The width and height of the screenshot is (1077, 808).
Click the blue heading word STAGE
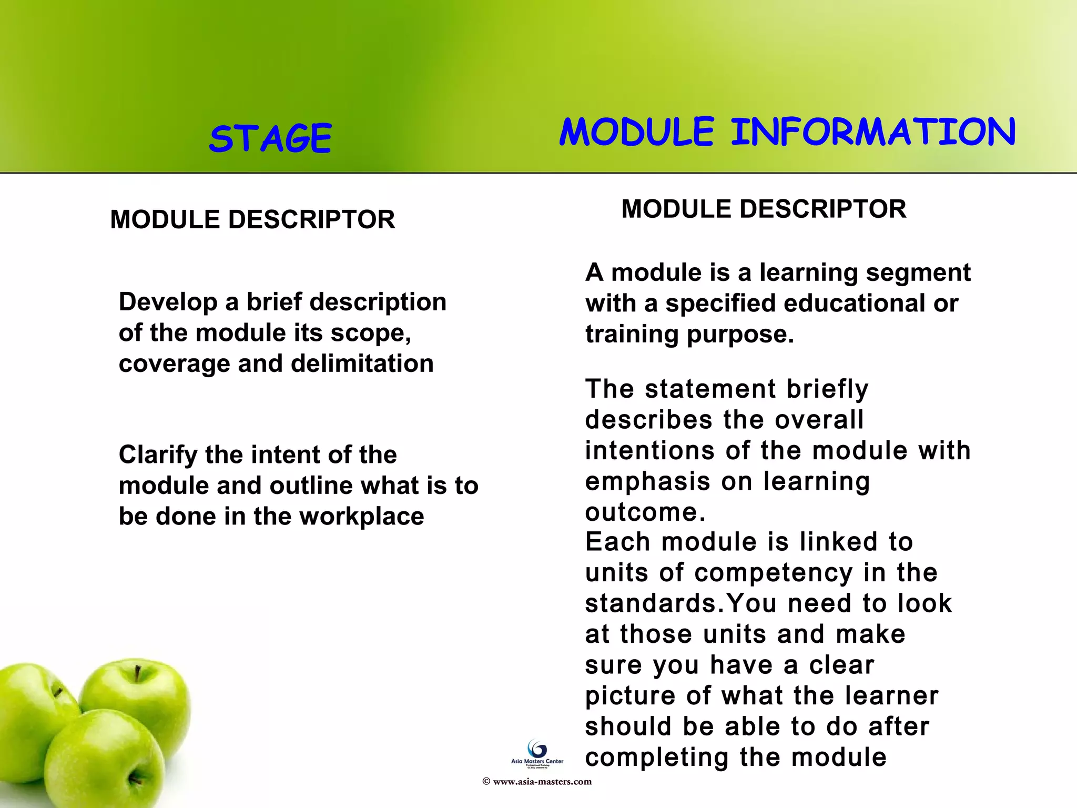point(270,138)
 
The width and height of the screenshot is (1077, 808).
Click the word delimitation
point(362,363)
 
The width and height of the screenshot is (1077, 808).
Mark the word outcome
point(645,512)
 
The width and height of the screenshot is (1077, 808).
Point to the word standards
point(651,603)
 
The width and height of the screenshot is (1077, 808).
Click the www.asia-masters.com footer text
point(542,782)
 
